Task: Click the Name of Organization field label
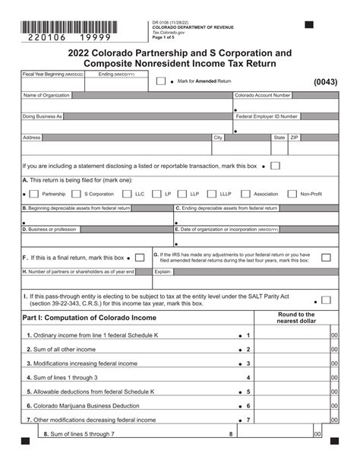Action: tap(49, 96)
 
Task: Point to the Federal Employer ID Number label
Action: tap(267, 116)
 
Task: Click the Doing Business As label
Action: tap(43, 116)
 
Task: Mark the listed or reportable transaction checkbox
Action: tap(275, 165)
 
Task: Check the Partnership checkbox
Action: tap(33, 194)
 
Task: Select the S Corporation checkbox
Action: tap(76, 194)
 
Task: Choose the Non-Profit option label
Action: tap(311, 194)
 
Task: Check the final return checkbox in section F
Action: tap(141, 258)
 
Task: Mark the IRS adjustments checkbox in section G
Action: tap(326, 258)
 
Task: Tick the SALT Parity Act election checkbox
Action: tap(326, 300)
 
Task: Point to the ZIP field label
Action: tap(295, 138)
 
